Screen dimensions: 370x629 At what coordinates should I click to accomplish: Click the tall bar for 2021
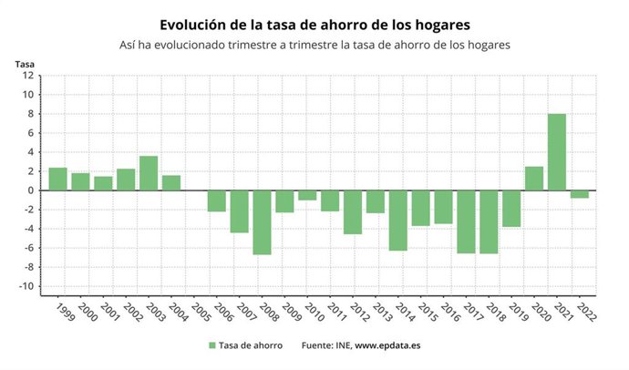(x=557, y=152)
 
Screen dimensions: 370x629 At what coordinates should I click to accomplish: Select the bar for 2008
(x=262, y=222)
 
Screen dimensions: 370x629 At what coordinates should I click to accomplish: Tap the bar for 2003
(x=149, y=173)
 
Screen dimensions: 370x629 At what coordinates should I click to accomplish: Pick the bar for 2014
(x=397, y=221)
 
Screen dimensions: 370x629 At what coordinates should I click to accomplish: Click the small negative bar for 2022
(x=580, y=194)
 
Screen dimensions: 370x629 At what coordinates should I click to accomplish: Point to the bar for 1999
(x=57, y=180)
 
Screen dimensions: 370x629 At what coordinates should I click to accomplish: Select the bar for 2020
(x=534, y=179)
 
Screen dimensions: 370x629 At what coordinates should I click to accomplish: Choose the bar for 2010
(x=307, y=195)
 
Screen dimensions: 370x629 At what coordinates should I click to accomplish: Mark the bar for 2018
(x=489, y=221)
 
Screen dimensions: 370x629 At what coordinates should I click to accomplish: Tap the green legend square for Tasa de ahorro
(x=212, y=345)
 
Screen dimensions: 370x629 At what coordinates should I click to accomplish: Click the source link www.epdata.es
(x=387, y=345)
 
